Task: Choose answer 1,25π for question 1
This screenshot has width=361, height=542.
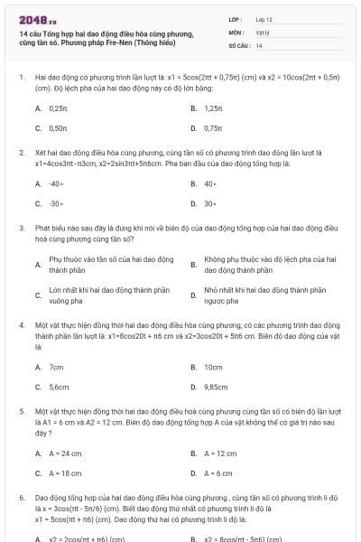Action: click(x=214, y=107)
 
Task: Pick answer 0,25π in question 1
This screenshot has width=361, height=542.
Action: click(x=58, y=107)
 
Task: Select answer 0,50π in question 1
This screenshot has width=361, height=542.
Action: click(x=58, y=128)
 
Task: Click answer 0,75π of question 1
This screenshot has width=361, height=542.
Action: click(x=214, y=128)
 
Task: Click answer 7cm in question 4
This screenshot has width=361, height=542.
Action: click(x=56, y=368)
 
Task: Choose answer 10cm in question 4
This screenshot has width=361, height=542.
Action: click(x=214, y=368)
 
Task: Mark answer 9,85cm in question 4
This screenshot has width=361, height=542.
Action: click(x=217, y=388)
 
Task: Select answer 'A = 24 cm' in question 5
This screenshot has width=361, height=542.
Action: click(x=65, y=453)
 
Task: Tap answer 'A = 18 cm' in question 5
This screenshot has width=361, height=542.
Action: click(x=65, y=472)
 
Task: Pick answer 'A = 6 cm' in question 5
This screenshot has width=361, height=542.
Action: click(x=218, y=472)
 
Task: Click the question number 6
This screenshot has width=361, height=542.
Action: click(x=21, y=498)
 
